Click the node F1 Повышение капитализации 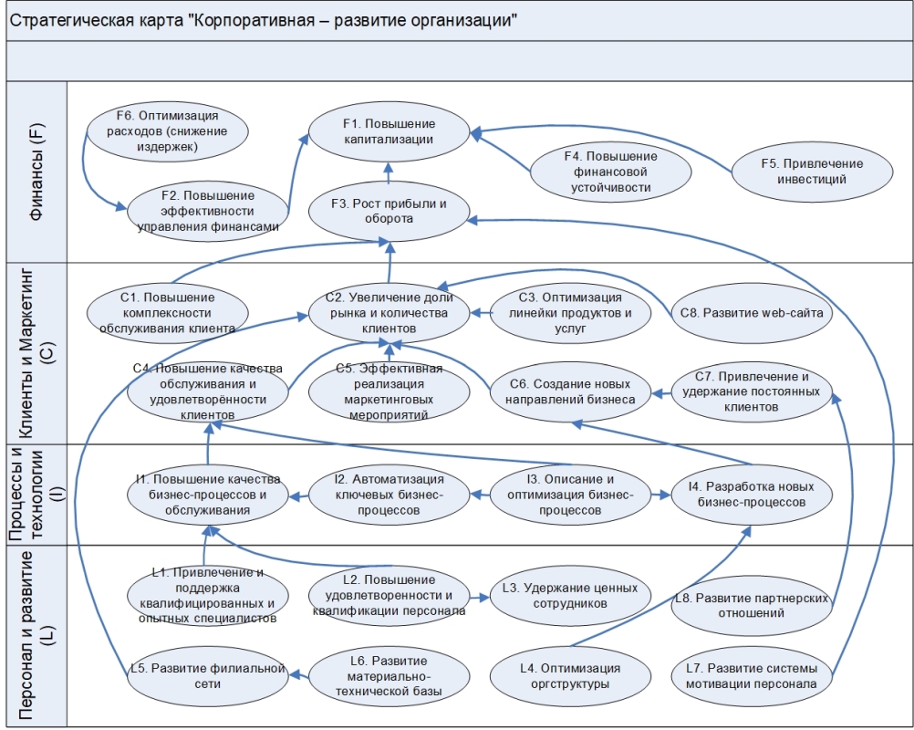(x=389, y=131)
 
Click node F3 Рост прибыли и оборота (x=389, y=211)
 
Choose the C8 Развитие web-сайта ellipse (x=751, y=312)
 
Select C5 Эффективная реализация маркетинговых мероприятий (x=389, y=391)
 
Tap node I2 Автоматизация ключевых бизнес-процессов (x=389, y=495)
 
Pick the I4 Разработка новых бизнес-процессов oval (x=751, y=495)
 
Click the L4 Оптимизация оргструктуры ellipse (x=570, y=676)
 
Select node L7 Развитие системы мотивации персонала (x=751, y=676)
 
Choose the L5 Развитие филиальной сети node (x=208, y=676)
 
